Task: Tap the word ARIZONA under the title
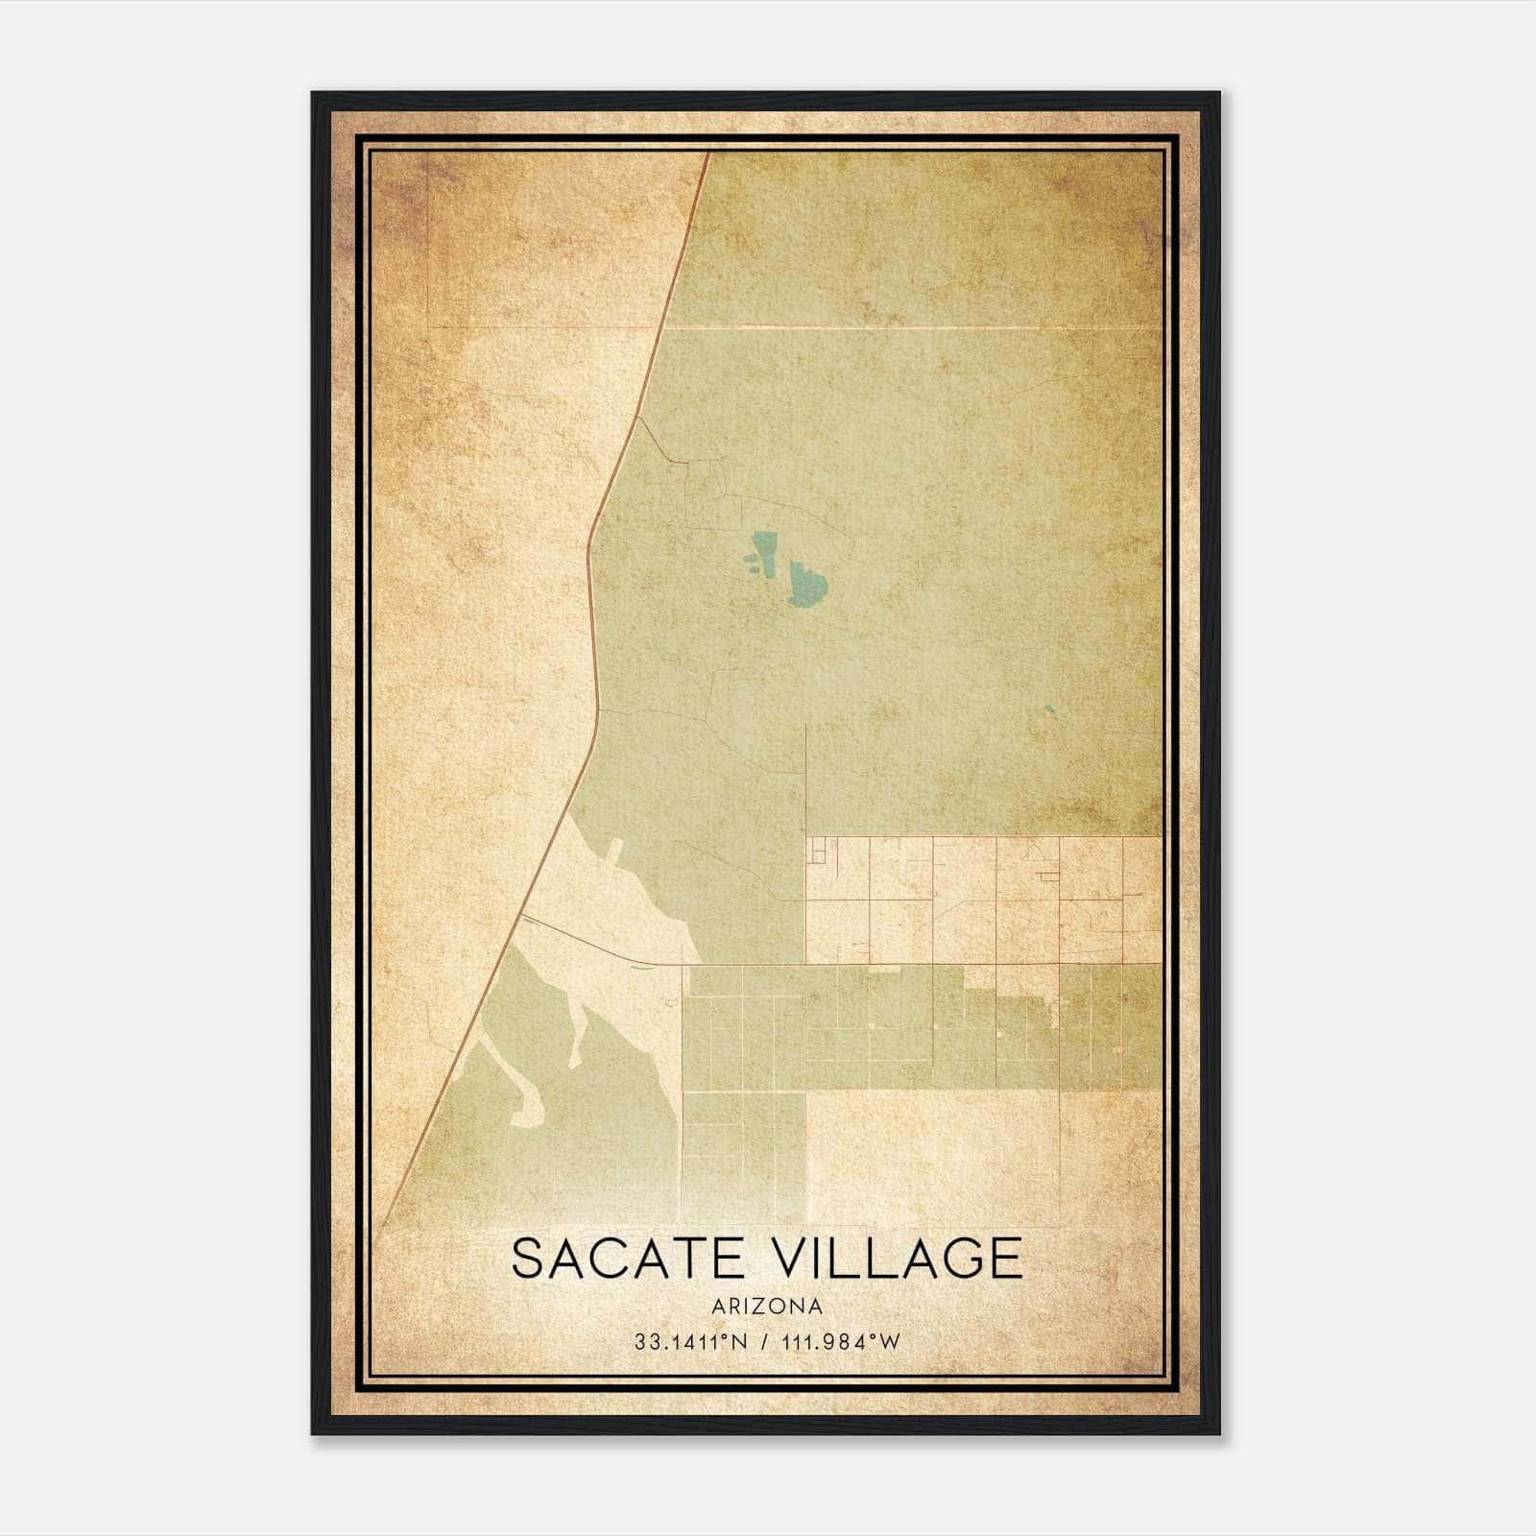pyautogui.click(x=767, y=1307)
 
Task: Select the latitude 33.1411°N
pyautogui.click(x=689, y=1342)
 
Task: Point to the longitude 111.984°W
pyautogui.click(x=842, y=1342)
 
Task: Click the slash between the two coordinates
pyautogui.click(x=764, y=1342)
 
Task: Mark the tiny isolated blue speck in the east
pyautogui.click(x=1049, y=711)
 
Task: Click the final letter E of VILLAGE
pyautogui.click(x=1005, y=1259)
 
